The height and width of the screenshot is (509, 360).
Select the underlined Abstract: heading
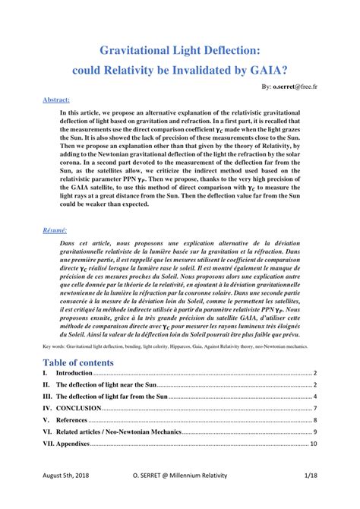56,100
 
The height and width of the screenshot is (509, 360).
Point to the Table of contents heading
78,362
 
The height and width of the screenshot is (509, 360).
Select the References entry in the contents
74,420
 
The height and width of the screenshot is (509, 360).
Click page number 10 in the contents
313,443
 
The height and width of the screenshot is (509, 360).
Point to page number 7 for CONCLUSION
314,409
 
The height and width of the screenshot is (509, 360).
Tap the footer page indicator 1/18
309,494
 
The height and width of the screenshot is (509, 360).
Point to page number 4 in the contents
314,397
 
